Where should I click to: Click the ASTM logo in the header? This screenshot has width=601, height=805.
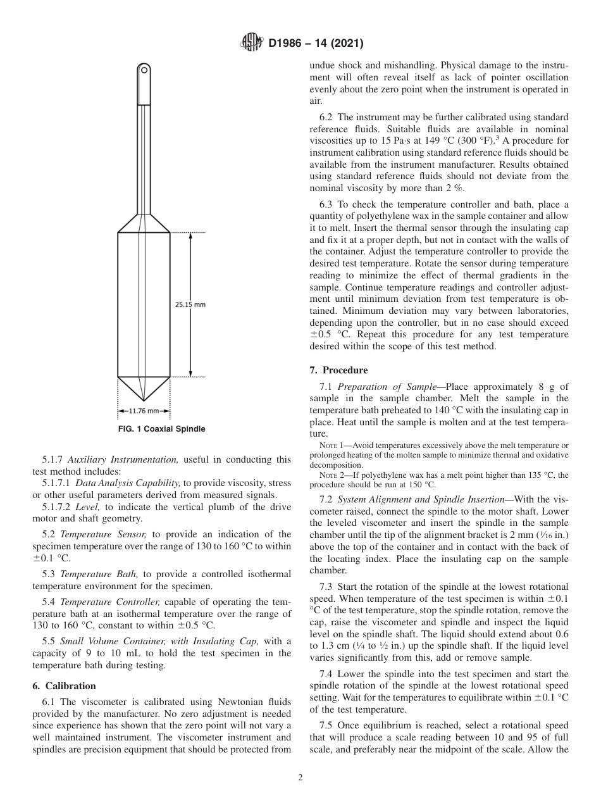(251, 43)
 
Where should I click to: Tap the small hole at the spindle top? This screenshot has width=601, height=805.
(144, 68)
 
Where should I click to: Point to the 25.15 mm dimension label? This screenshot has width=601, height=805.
(190, 304)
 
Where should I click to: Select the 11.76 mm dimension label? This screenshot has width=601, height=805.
(144, 411)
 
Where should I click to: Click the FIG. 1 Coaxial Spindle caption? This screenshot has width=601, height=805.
(162, 429)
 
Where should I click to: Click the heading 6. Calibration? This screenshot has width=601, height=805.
(64, 686)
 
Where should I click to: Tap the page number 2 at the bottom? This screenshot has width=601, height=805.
(300, 778)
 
